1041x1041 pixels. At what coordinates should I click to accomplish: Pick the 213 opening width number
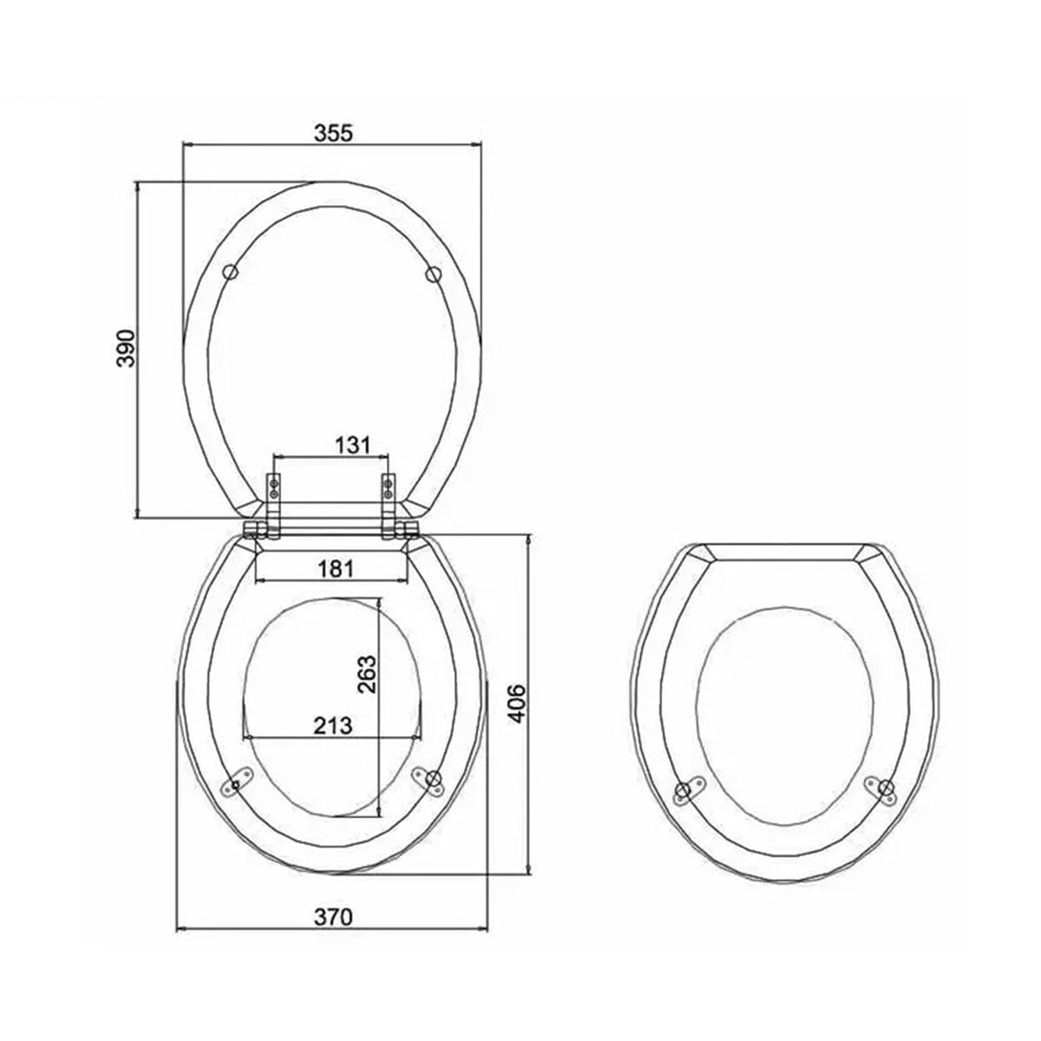coord(333,725)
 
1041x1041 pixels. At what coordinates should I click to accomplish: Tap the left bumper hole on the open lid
coord(230,272)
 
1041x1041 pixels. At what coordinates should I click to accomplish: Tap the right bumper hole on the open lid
coord(434,274)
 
